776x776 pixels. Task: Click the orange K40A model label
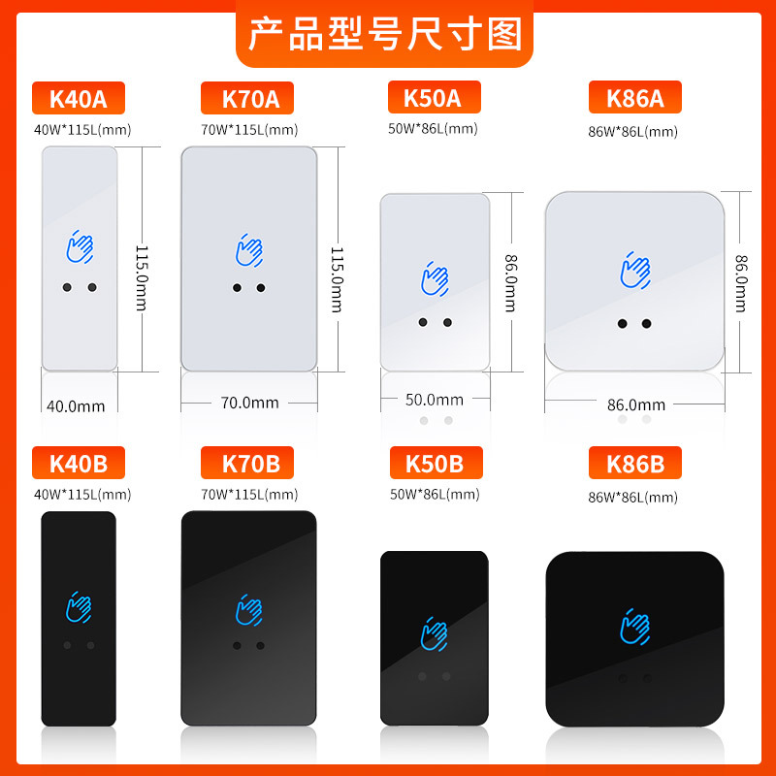[79, 99]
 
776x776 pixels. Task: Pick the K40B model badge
[79, 463]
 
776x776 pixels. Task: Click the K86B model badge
[635, 464]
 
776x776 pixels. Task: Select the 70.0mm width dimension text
[250, 402]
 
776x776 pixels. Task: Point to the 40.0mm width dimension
[76, 405]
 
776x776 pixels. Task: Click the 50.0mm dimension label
[435, 399]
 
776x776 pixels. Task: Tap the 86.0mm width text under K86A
[636, 404]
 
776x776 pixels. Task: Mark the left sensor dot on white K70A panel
[237, 288]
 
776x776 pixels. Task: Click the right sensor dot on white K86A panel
[647, 323]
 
